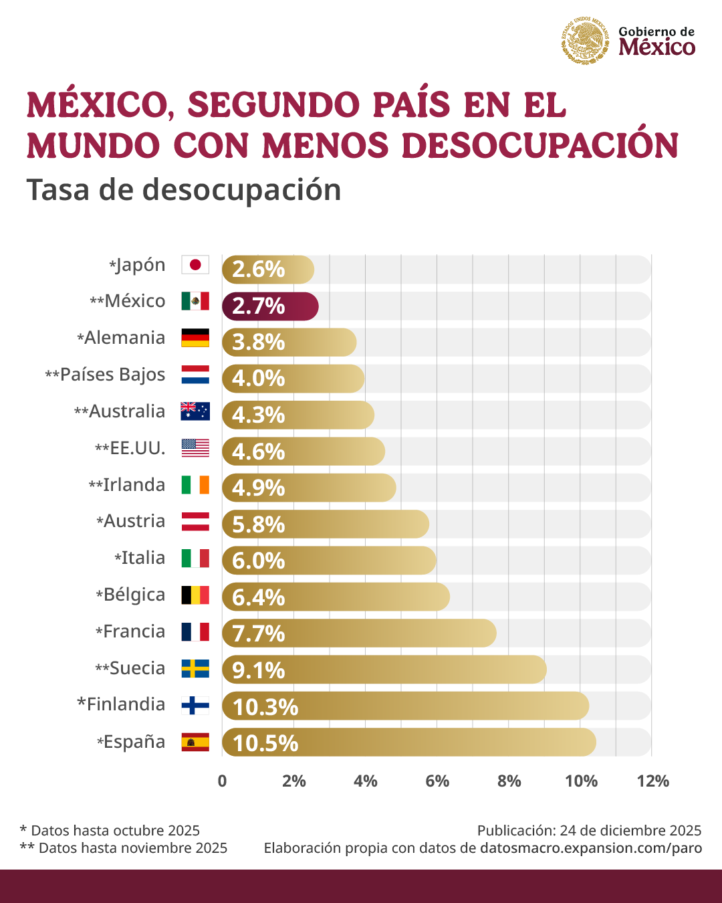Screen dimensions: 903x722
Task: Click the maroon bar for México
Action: pos(270,306)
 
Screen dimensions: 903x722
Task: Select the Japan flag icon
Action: pos(195,265)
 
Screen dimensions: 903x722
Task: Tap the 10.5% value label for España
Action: pos(265,743)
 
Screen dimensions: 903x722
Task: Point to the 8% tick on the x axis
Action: pos(509,781)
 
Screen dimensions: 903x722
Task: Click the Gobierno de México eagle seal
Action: pos(586,41)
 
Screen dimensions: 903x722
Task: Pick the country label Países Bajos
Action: pos(112,375)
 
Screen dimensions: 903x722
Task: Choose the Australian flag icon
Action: pos(195,411)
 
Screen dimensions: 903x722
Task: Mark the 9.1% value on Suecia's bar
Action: pos(258,670)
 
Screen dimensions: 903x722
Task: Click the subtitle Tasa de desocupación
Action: pos(184,190)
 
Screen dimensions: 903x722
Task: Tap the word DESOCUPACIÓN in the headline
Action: pos(540,146)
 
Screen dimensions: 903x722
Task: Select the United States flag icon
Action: pos(195,448)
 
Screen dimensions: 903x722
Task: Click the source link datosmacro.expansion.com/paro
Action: pos(591,848)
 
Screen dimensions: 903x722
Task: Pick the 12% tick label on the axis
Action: pos(652,781)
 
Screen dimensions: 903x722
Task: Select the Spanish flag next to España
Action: pos(195,742)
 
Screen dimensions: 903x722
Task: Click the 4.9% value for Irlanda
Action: pos(258,488)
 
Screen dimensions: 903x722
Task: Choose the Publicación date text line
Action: pos(589,831)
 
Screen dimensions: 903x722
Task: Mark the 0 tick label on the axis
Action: pos(223,781)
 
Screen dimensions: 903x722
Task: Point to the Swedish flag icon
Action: pos(195,668)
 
